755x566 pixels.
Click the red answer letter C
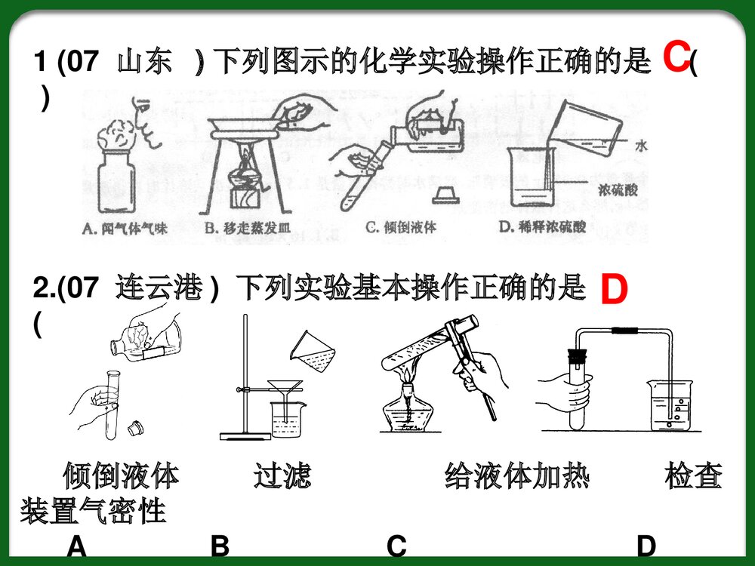[x=676, y=57]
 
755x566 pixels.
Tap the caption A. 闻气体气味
[x=125, y=227]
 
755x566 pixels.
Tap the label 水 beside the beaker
[x=641, y=146]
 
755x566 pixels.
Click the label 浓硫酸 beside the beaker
[x=617, y=189]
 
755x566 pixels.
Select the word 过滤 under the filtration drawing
[x=282, y=477]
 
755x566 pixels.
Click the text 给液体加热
[x=517, y=477]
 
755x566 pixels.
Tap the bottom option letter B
[x=220, y=546]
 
